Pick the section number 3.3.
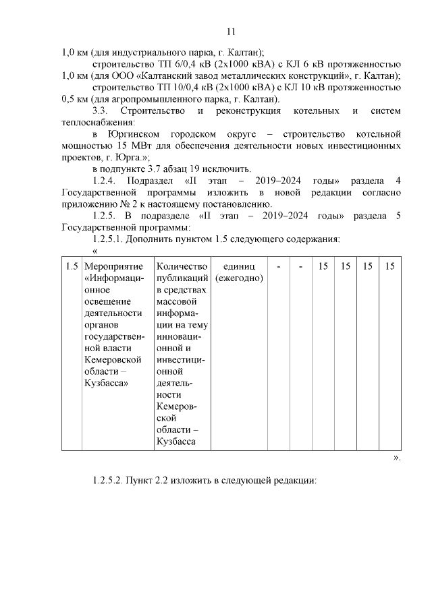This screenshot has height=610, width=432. click(100, 111)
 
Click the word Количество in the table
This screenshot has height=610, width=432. click(182, 267)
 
